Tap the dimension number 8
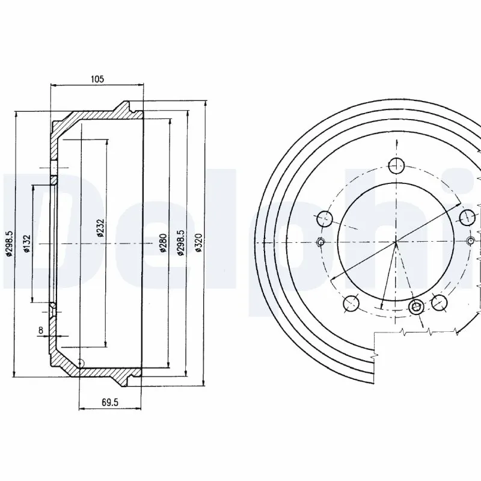[x=40, y=329]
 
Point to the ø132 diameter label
[x=27, y=243]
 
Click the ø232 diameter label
[x=101, y=227]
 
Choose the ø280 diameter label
[x=164, y=242]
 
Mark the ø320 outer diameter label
[x=199, y=243]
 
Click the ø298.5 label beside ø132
[x=9, y=243]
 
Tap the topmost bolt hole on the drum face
[x=396, y=165]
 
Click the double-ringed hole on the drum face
[x=415, y=307]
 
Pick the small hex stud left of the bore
[x=320, y=242]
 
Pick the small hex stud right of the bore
[x=471, y=242]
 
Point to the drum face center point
[x=396, y=242]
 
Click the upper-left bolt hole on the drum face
[x=325, y=218]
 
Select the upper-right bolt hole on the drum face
[x=467, y=216]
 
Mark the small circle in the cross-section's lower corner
[x=81, y=363]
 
